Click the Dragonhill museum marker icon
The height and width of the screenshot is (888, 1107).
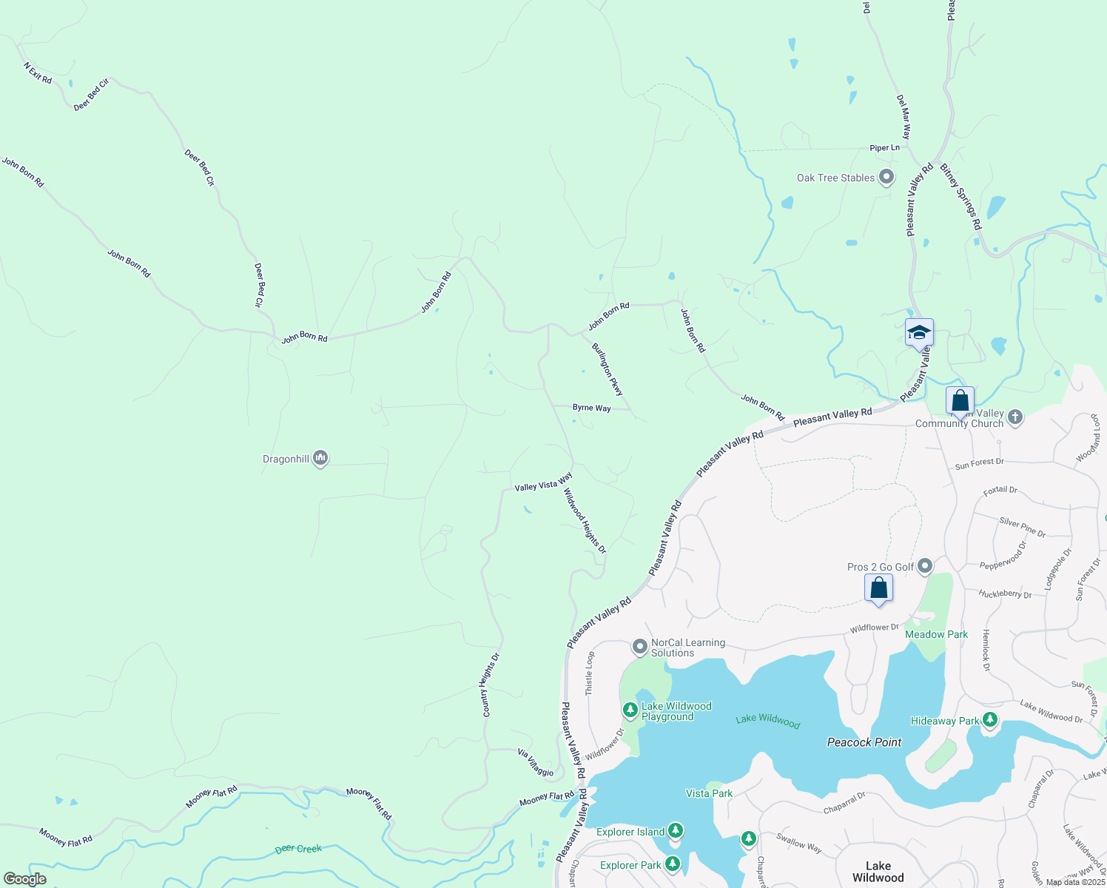click(x=320, y=459)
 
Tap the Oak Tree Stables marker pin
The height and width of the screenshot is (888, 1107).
click(x=886, y=178)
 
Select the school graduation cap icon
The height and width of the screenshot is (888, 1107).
click(x=919, y=333)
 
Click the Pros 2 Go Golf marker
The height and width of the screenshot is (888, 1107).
click(x=925, y=567)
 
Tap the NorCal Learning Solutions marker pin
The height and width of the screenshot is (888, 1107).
click(x=640, y=647)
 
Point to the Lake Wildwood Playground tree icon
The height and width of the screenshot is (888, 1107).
click(x=630, y=711)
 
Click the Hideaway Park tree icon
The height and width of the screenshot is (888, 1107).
click(x=990, y=720)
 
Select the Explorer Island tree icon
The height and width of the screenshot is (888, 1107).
click(x=675, y=832)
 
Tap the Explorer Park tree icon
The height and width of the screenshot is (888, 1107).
click(x=672, y=864)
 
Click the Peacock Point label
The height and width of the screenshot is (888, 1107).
click(x=864, y=742)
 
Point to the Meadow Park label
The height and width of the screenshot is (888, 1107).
click(x=936, y=634)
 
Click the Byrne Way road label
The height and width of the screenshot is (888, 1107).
click(x=591, y=408)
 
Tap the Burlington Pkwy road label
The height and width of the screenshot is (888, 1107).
click(x=608, y=369)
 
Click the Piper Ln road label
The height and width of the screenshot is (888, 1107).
click(x=884, y=148)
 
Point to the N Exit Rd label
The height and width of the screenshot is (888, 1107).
click(x=38, y=73)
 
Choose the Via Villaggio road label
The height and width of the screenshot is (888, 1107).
click(x=536, y=763)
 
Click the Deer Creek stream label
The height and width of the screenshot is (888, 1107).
click(x=298, y=849)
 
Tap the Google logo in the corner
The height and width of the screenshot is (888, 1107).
click(x=24, y=879)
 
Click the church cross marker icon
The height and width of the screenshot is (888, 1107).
click(x=1015, y=417)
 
